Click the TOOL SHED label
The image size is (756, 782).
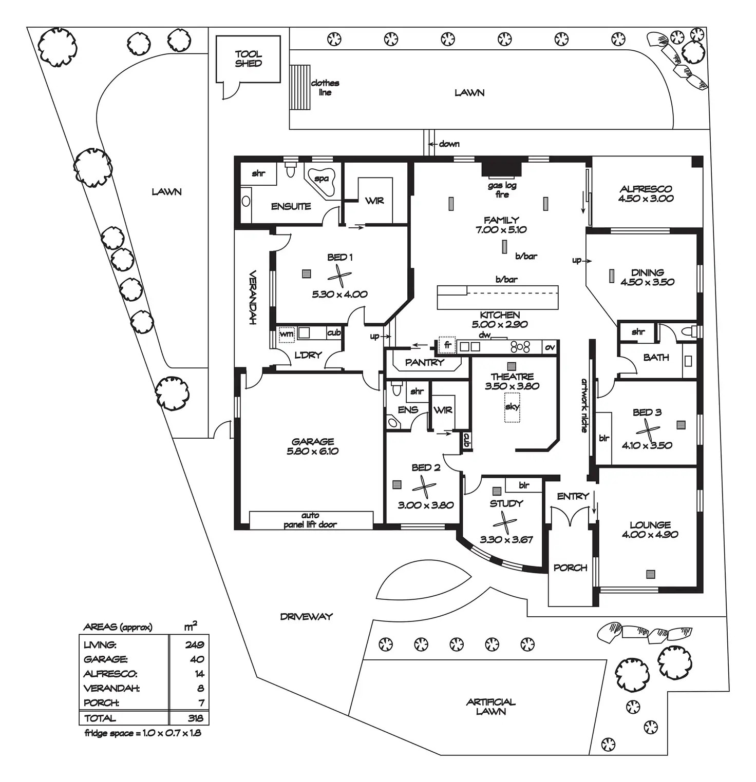(249, 58)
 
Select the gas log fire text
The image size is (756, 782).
(502, 190)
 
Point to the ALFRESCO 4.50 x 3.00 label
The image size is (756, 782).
(646, 193)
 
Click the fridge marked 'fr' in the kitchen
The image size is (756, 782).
(447, 346)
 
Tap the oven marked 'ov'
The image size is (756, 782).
(550, 347)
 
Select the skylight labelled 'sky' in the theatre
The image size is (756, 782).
(512, 407)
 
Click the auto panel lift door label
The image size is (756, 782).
(310, 520)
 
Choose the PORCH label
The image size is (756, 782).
(570, 568)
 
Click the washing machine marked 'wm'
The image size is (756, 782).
(287, 334)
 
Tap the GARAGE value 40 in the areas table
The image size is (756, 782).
(197, 659)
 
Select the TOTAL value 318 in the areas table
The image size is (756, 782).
(195, 718)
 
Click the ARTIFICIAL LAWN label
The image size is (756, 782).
(491, 707)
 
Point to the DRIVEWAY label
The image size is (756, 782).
(307, 616)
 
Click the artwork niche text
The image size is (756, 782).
(584, 405)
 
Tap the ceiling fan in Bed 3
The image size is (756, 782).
(647, 429)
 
